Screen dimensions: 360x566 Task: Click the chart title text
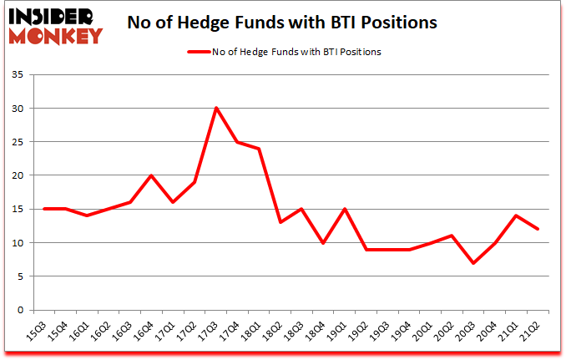[282, 23]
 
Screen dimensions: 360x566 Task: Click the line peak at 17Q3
[216, 109]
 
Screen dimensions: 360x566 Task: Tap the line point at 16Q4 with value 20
[151, 175]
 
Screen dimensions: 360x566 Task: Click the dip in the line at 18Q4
[324, 243]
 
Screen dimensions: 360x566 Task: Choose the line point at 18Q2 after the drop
[280, 222]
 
